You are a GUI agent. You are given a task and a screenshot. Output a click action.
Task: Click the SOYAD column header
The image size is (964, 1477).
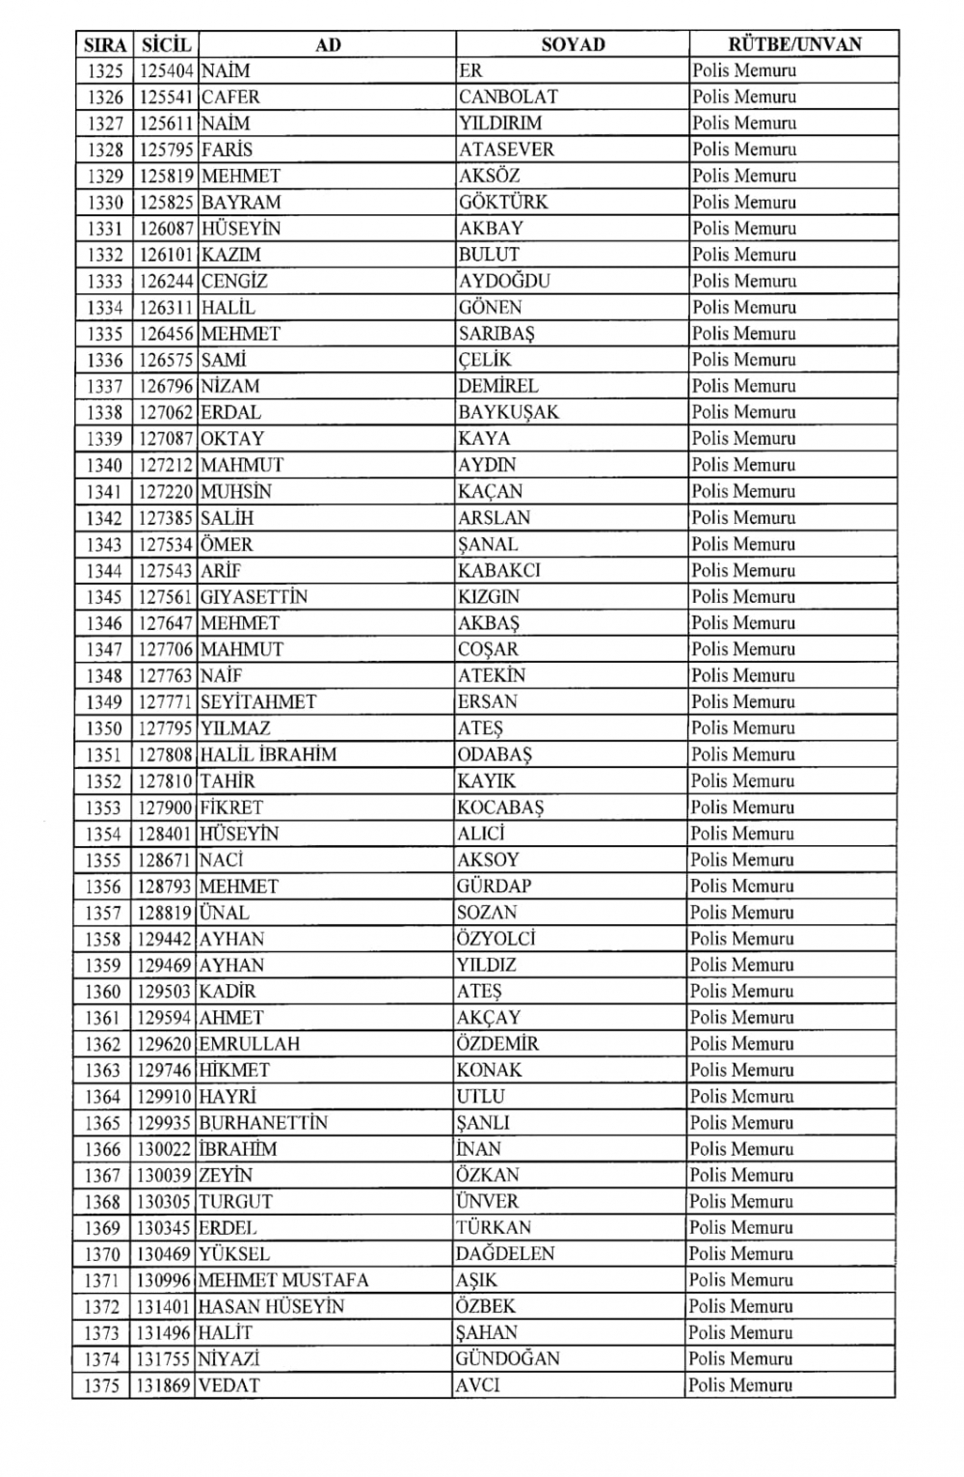point(573,44)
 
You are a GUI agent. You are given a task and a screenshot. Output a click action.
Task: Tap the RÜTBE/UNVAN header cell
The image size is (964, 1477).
point(794,43)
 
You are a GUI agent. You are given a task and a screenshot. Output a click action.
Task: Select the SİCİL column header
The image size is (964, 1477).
point(166,44)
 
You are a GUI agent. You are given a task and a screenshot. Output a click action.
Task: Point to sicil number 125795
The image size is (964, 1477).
point(166,150)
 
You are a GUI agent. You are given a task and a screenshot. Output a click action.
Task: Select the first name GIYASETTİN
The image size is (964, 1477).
point(254,596)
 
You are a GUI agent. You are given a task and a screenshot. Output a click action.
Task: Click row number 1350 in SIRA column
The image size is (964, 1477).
point(103,728)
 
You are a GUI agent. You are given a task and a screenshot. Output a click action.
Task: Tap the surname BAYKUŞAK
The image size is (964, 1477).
point(508,412)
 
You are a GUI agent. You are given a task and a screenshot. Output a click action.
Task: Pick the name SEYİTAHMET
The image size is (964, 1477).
point(258,701)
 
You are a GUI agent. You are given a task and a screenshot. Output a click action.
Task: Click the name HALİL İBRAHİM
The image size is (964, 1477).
point(268,754)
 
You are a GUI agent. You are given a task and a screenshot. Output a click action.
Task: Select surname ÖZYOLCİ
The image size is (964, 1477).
point(495,939)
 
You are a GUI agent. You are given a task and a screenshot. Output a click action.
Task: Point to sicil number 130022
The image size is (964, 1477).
point(164,1149)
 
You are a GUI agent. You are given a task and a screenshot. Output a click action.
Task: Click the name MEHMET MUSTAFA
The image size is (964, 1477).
point(283,1280)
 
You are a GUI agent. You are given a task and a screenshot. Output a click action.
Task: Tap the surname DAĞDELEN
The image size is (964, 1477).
point(505,1254)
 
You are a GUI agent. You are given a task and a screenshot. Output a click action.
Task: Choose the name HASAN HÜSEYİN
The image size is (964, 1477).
point(271,1306)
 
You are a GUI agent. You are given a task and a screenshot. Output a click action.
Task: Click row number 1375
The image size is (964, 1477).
point(101,1385)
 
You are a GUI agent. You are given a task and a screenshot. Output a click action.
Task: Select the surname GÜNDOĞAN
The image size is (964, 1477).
point(507,1358)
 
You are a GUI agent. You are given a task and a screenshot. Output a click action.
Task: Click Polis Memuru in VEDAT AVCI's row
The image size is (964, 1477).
point(740,1385)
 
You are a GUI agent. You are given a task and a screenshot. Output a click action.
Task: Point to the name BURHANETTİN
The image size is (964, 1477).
point(263,1123)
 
